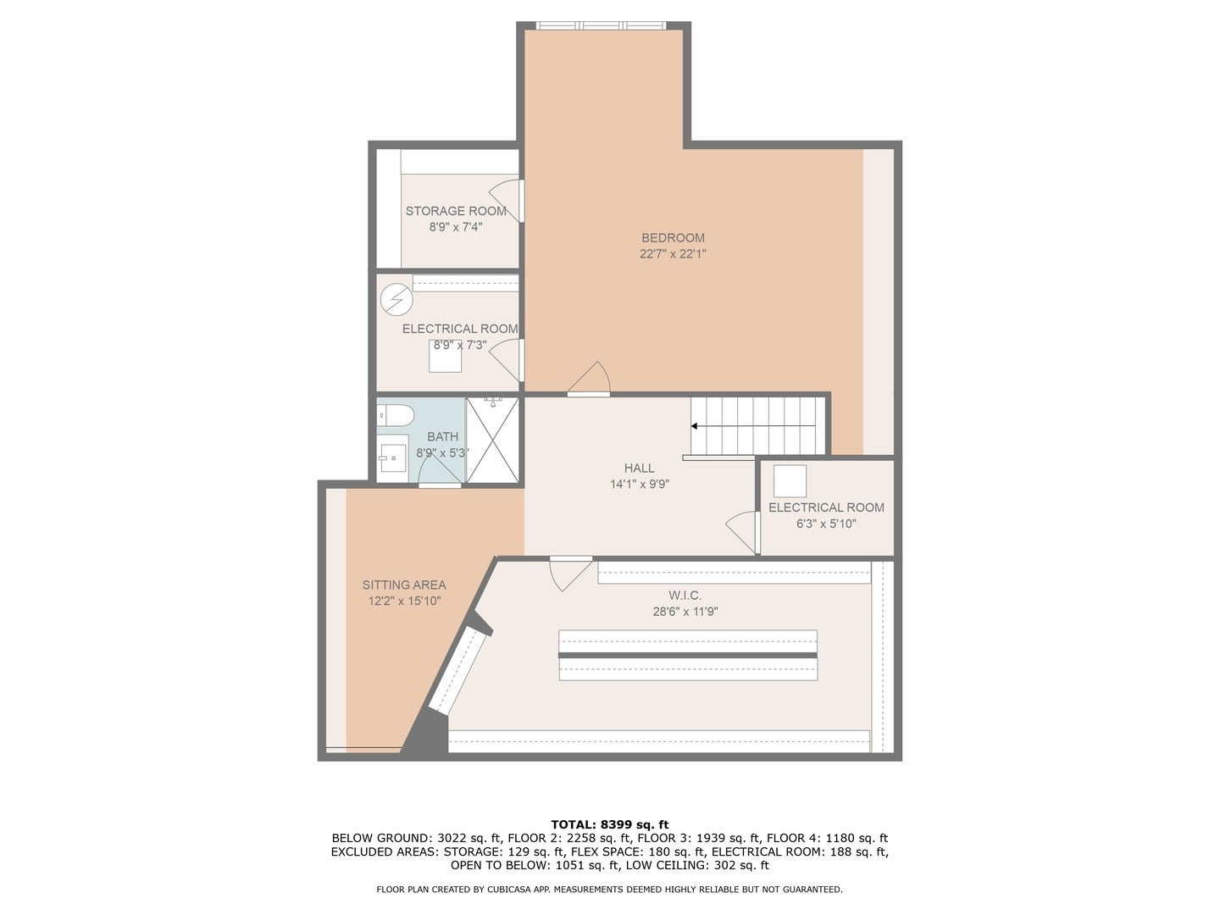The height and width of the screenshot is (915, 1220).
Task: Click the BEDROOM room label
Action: [x=673, y=238]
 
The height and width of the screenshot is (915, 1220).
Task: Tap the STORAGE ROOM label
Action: [x=456, y=211]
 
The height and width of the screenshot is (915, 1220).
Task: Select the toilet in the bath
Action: [x=396, y=416]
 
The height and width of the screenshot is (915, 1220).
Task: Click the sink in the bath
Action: [x=391, y=458]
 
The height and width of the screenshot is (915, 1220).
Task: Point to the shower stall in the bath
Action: [x=492, y=441]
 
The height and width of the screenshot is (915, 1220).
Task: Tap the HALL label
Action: [x=640, y=468]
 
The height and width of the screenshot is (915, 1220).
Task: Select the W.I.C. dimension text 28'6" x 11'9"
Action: [x=685, y=612]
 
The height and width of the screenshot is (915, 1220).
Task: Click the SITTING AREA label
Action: [x=404, y=585]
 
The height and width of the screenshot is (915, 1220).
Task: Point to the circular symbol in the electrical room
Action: [x=396, y=299]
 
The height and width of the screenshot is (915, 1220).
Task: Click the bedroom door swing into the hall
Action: [x=591, y=380]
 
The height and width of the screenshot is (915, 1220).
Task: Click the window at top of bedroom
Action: [x=602, y=25]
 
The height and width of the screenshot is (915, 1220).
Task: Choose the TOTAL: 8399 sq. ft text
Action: [x=609, y=824]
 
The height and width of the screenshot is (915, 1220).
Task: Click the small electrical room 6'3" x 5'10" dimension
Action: [x=826, y=524]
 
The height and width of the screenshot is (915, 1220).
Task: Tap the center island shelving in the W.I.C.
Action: [x=688, y=655]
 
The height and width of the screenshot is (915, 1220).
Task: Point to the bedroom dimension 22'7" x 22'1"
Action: [x=673, y=254]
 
